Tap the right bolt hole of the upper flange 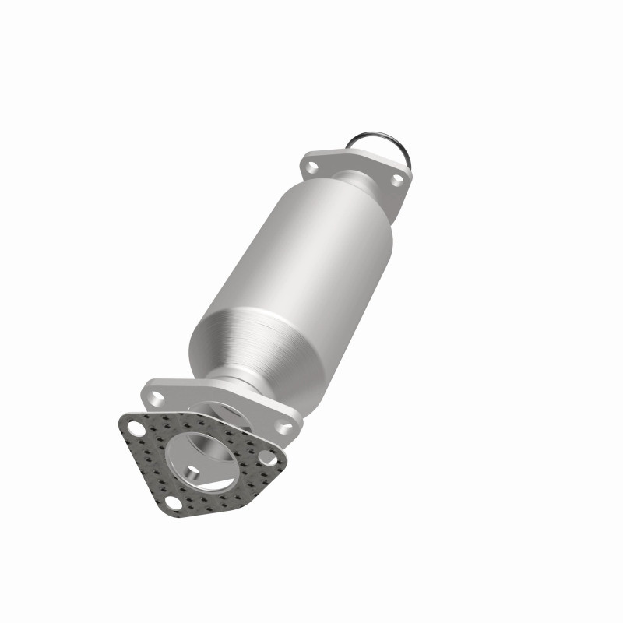pos(396,179)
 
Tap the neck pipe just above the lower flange pos(234,385)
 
